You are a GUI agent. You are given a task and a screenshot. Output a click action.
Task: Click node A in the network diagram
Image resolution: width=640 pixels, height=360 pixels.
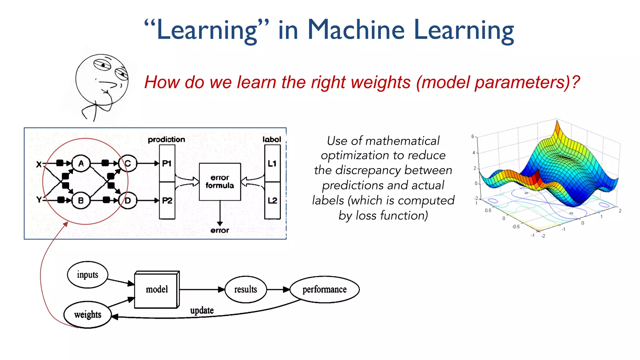pos(81,163)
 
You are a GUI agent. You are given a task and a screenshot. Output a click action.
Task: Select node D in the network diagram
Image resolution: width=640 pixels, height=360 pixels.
pos(128,200)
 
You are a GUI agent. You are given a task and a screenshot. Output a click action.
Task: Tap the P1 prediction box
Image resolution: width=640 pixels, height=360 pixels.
pos(167,163)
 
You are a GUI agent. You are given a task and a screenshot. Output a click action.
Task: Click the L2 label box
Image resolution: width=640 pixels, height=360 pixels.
pos(272,200)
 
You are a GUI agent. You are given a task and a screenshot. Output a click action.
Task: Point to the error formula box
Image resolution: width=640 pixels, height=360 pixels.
pos(220,182)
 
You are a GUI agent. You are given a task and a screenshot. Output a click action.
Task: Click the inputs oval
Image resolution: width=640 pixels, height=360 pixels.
pos(87,275)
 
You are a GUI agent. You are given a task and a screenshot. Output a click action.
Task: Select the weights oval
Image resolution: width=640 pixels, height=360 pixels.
pos(87,314)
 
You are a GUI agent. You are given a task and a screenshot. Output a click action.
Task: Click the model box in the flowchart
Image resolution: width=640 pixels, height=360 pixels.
pos(157,289)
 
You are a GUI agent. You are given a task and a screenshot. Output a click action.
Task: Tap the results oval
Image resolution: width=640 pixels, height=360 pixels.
pos(246,289)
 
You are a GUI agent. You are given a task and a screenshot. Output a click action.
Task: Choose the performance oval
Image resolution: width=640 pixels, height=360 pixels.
pos(324,289)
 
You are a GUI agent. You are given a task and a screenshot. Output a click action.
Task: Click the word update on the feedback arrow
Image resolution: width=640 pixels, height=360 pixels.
pos(202,310)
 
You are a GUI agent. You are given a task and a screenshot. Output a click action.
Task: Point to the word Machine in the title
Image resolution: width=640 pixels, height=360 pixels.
pos(356,30)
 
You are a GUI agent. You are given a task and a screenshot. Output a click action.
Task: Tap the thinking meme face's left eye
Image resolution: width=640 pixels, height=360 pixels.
pos(103,65)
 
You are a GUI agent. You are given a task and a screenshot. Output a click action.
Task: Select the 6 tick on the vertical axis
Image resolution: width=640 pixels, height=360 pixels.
pos(473,136)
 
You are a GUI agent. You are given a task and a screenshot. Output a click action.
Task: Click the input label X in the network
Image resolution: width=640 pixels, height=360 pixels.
pos(39,164)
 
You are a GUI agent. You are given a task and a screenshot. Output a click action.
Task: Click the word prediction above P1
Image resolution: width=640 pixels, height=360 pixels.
pos(166,139)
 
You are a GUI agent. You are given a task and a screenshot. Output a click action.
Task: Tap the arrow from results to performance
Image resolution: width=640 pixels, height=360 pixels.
pos(278,289)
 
